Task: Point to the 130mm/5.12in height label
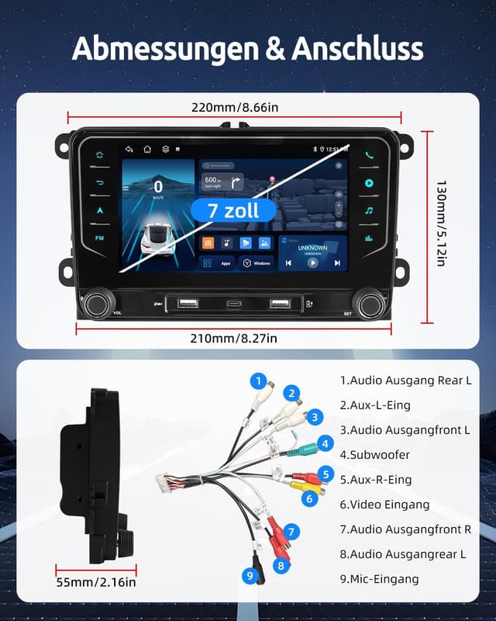point(441,224)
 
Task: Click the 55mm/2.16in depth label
point(96,582)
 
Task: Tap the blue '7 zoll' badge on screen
point(232,210)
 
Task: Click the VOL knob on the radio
point(99,303)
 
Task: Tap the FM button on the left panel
point(99,238)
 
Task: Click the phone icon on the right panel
point(369,154)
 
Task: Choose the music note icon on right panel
point(369,210)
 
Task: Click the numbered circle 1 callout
point(257,381)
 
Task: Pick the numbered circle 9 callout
point(249,575)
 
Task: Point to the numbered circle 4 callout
point(325,444)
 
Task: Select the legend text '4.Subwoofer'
point(375,455)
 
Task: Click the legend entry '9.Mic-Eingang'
point(380,579)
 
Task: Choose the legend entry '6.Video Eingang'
point(385,505)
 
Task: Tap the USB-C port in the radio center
point(234,303)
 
